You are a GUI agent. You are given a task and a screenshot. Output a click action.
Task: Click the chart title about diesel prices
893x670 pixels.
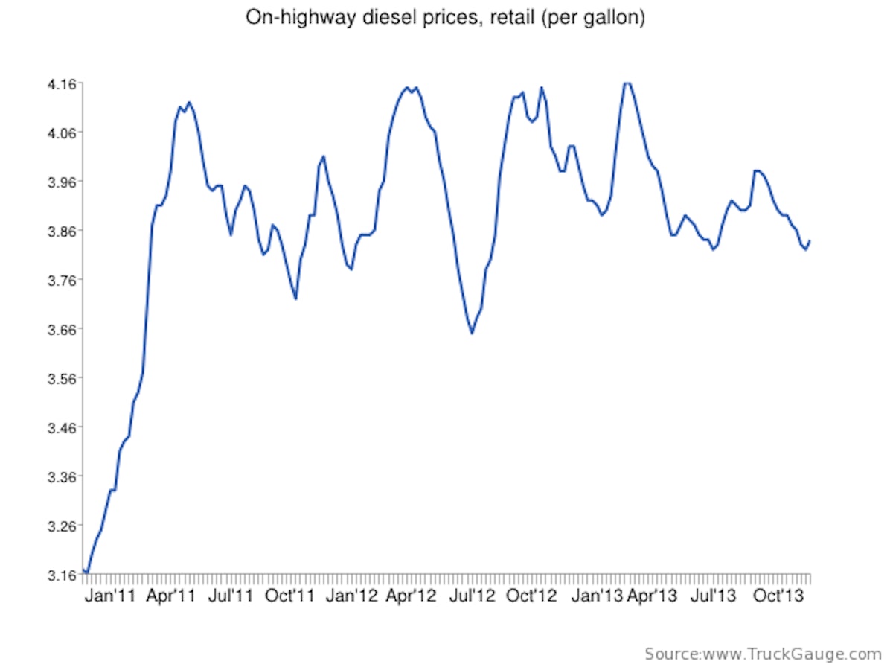[445, 18]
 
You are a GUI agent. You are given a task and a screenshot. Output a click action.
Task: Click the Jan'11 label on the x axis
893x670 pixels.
[111, 596]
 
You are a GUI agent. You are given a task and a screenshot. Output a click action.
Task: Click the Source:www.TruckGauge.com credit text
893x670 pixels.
[763, 654]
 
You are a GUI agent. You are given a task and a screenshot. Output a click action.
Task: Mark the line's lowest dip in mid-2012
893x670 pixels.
[472, 333]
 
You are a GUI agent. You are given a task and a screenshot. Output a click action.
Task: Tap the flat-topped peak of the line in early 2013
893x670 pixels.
[627, 83]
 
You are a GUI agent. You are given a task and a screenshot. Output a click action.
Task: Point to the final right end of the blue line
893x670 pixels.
[810, 240]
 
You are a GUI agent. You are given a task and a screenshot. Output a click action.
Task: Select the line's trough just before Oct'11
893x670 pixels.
[295, 299]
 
